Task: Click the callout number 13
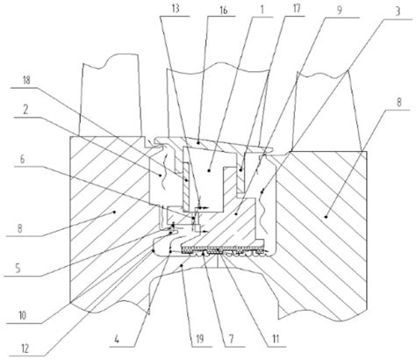click(176, 8)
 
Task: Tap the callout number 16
click(223, 11)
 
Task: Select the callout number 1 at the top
click(262, 10)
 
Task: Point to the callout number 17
click(297, 9)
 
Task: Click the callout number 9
click(340, 11)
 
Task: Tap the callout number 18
click(26, 80)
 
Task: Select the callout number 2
click(26, 110)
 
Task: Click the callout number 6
click(23, 160)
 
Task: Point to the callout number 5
click(18, 268)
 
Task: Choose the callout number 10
click(23, 315)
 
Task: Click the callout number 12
click(25, 349)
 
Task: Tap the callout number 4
click(117, 340)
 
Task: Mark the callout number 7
click(231, 340)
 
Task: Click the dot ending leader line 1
click(209, 170)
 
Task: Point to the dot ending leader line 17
click(240, 169)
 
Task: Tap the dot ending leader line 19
click(182, 265)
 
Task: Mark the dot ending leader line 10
click(153, 250)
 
